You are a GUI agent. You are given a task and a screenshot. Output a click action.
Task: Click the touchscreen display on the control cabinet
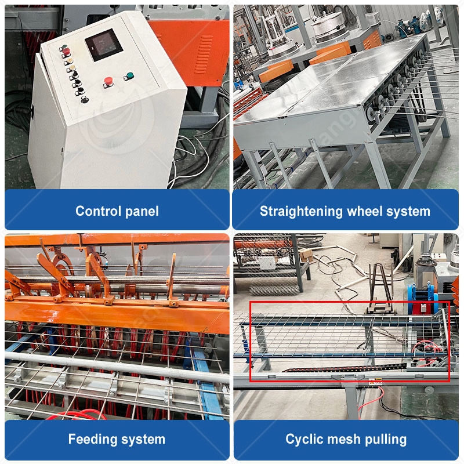(104, 45)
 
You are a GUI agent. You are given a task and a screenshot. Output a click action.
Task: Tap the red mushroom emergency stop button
(108, 81)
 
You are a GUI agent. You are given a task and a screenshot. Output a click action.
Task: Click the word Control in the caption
(98, 211)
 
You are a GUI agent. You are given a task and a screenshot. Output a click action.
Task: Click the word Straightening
(301, 212)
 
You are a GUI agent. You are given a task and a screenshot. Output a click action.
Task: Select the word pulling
(386, 440)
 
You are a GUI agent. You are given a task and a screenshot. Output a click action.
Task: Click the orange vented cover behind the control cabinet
(194, 50)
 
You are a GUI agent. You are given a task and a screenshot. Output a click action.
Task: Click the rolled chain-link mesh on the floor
(274, 291)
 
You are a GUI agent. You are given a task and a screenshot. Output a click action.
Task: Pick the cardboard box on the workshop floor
(306, 255)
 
